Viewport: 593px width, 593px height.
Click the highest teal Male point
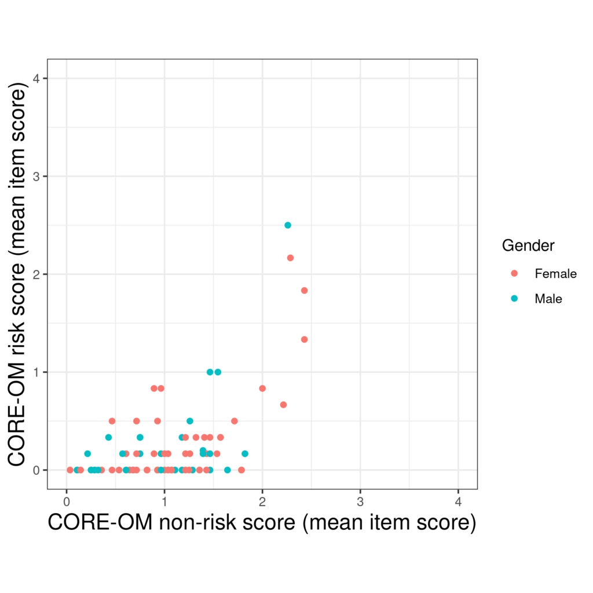click(x=288, y=225)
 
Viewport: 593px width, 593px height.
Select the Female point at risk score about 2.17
click(x=290, y=258)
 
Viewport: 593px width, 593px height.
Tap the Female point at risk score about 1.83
click(x=304, y=290)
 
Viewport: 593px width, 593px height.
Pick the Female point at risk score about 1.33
click(x=304, y=339)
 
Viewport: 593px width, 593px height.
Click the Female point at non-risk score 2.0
click(x=262, y=388)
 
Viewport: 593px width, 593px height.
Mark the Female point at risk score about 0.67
click(x=283, y=404)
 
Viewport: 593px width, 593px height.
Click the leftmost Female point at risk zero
click(x=70, y=470)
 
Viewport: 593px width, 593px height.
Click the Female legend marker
click(x=514, y=273)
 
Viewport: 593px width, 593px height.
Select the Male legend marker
click(x=514, y=299)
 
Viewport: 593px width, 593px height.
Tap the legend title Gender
click(x=528, y=246)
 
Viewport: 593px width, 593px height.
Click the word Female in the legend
click(x=555, y=273)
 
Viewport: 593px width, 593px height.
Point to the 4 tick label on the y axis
click(x=36, y=78)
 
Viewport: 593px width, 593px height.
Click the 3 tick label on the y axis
click(x=36, y=176)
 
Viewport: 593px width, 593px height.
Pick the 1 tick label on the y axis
click(x=36, y=372)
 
